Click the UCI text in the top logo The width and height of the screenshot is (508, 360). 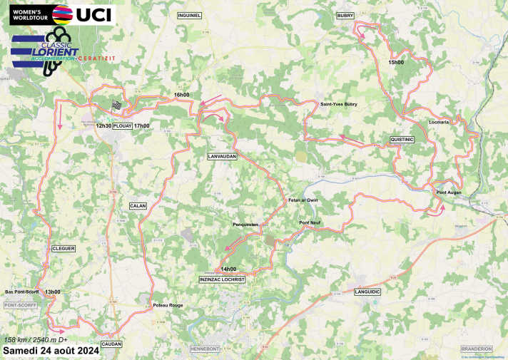94,14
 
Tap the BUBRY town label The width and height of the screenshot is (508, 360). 345,15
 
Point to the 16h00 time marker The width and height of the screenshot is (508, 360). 182,95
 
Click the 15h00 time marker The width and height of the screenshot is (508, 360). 396,63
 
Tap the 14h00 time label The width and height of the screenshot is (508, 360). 228,269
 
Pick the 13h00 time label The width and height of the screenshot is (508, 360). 53,292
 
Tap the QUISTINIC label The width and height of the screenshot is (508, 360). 402,139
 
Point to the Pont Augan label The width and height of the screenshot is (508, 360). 447,192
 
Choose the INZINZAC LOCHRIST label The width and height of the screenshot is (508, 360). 222,279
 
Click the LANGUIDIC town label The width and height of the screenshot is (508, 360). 367,292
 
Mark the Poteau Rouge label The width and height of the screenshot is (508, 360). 168,306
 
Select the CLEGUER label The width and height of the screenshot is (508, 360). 63,248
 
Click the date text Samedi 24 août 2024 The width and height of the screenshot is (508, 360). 50,351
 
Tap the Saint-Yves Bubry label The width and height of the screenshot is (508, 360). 338,104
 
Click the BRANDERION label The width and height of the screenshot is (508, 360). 476,349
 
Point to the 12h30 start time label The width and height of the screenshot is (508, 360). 103,125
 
